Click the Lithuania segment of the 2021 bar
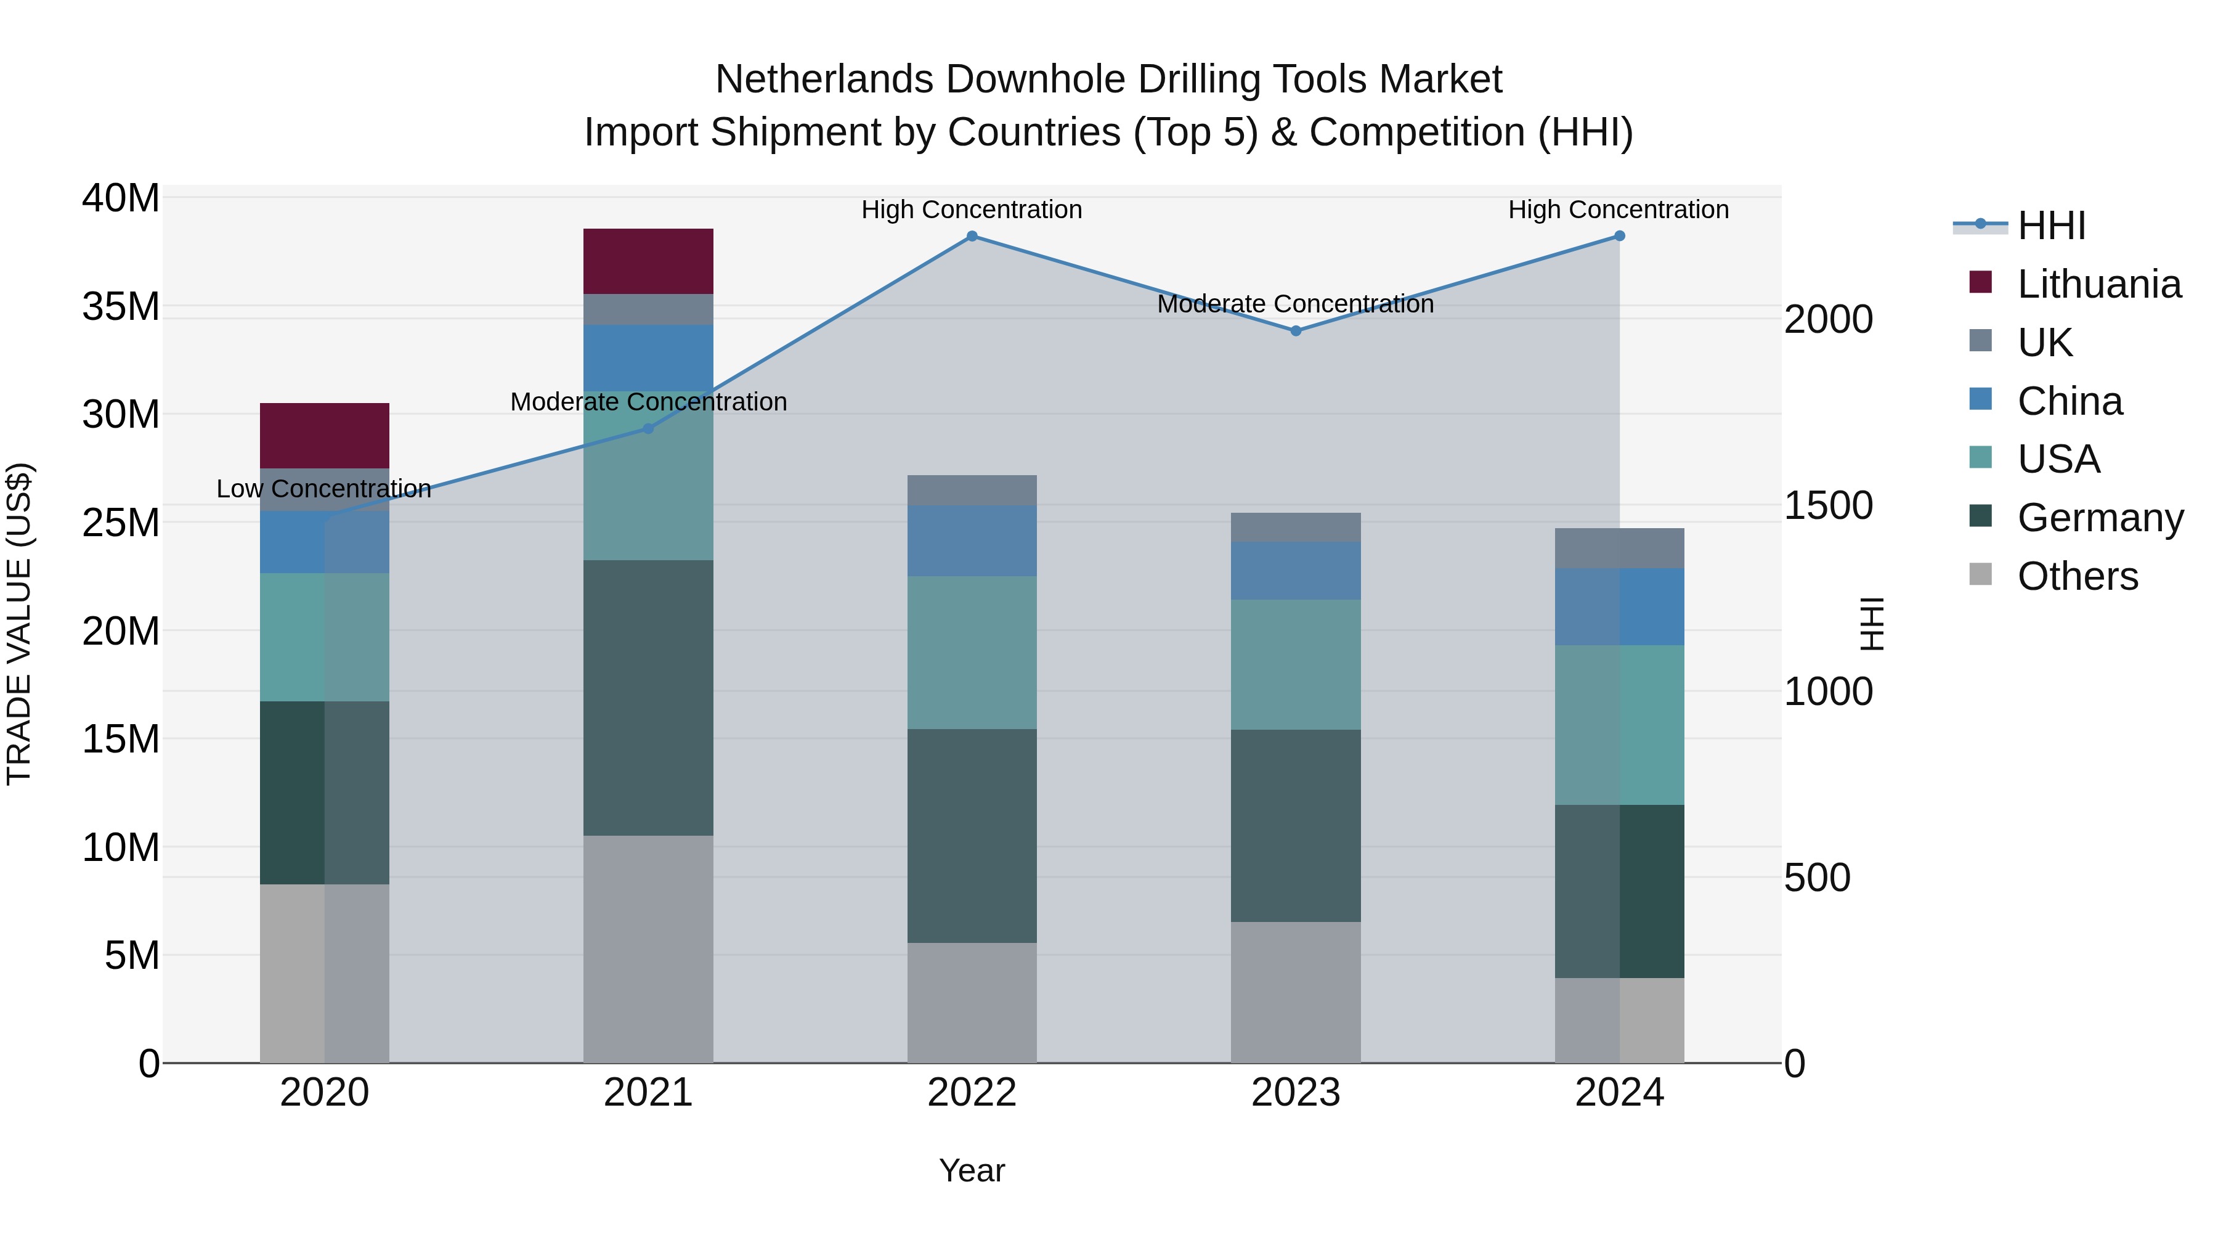pyautogui.click(x=648, y=261)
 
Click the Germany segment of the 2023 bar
pyautogui.click(x=1295, y=825)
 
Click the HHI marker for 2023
pyautogui.click(x=1295, y=331)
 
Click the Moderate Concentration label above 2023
pyautogui.click(x=1295, y=304)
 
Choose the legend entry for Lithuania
pyautogui.click(x=2098, y=284)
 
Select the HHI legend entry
pyautogui.click(x=2051, y=226)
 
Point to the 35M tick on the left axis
pyautogui.click(x=121, y=307)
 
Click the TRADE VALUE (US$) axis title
pyautogui.click(x=20, y=624)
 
